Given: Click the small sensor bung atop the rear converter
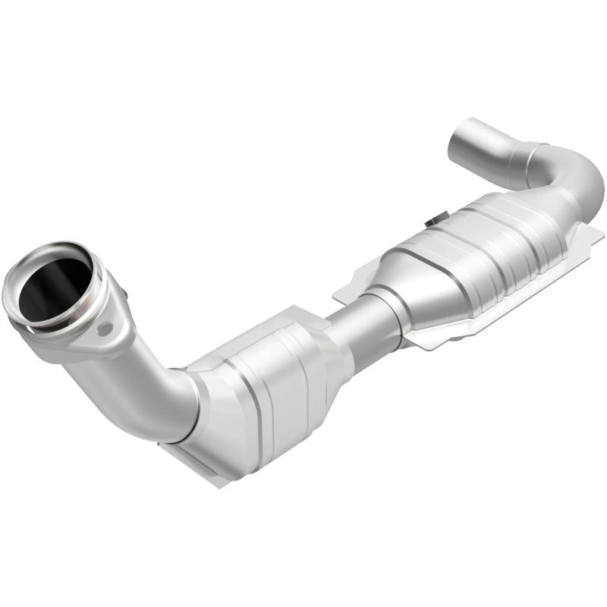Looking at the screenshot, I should coord(435,221).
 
